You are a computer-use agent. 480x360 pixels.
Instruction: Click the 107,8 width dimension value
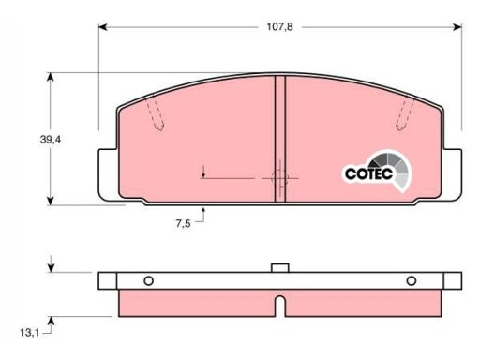pos(279,27)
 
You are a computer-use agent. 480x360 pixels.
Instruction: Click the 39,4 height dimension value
pos(51,140)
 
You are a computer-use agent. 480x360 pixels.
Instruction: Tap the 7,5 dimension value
pos(183,223)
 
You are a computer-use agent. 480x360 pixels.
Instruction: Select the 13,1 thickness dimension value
pos(30,333)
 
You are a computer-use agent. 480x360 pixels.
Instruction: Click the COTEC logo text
pos(368,173)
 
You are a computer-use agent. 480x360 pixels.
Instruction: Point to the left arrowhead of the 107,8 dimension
pos(103,27)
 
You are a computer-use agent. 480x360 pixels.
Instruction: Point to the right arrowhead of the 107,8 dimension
pos(457,27)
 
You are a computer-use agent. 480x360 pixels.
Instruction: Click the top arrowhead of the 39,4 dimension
pos(51,77)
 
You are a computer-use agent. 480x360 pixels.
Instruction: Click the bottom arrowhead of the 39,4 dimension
pos(51,201)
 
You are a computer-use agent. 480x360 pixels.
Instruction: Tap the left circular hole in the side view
pos(148,280)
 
